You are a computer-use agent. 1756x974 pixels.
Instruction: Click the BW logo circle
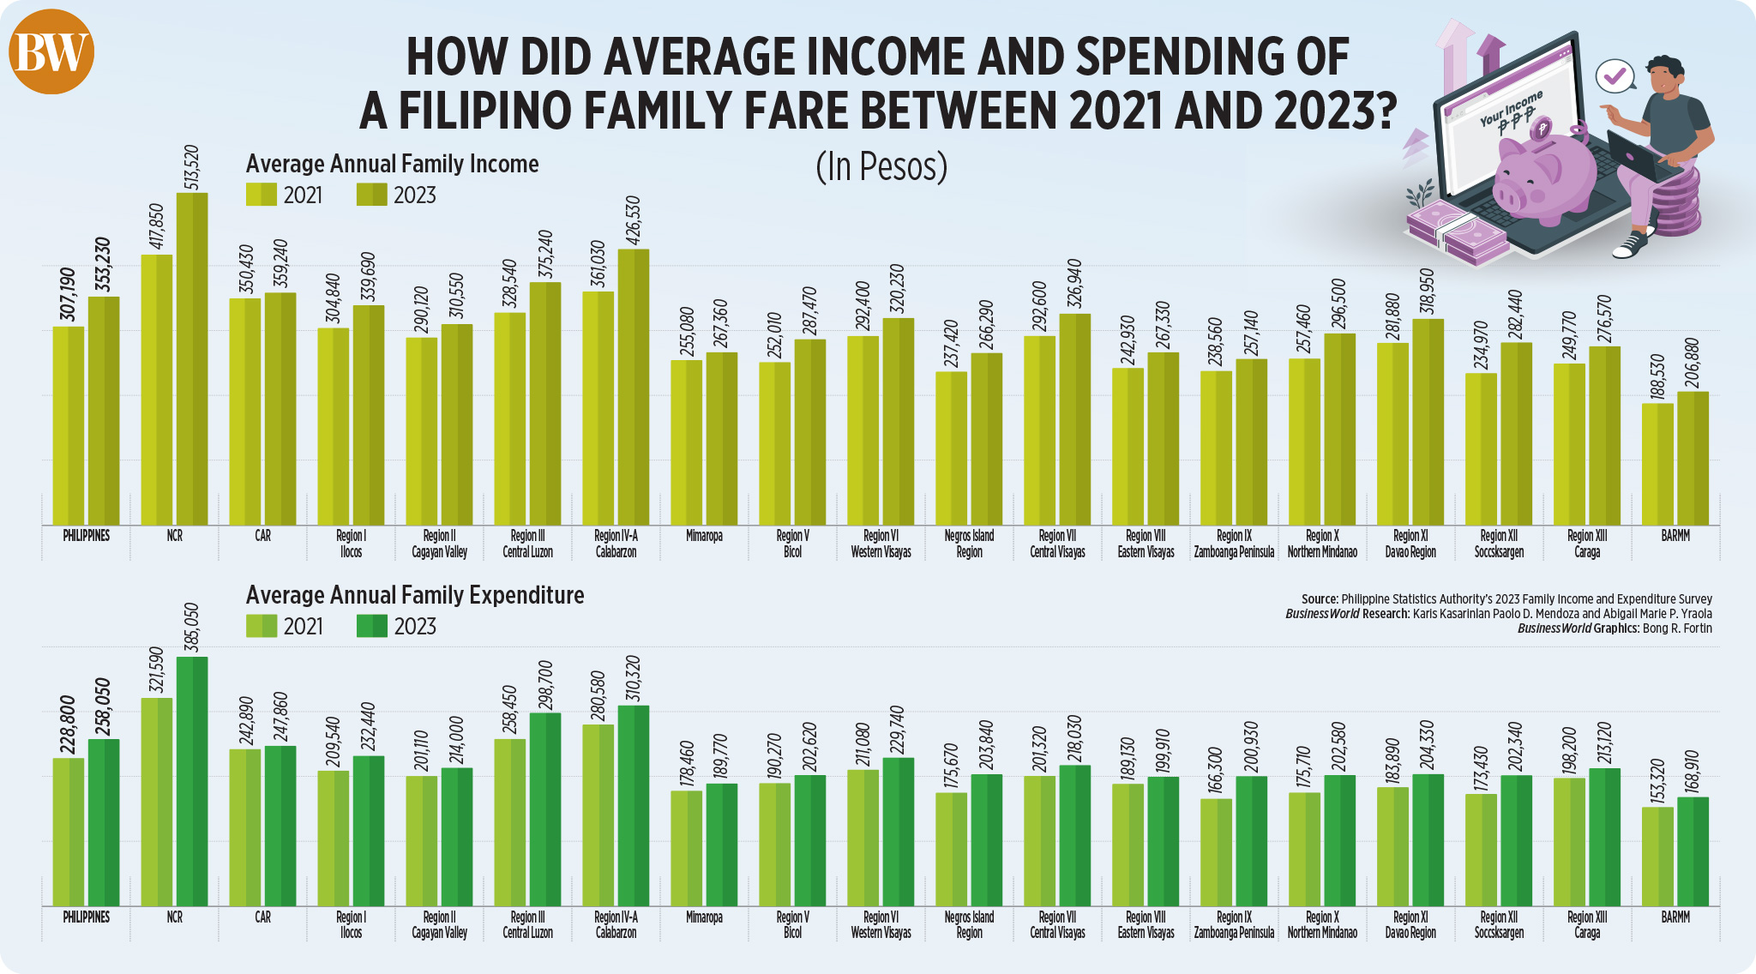click(51, 52)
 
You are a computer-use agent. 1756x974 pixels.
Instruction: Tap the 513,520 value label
click(192, 167)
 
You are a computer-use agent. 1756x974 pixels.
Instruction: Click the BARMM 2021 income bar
click(1657, 464)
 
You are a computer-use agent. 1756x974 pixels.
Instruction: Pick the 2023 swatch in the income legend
click(371, 195)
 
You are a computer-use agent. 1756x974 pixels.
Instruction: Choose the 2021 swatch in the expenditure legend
click(262, 626)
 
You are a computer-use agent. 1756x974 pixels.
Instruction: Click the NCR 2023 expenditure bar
click(192, 781)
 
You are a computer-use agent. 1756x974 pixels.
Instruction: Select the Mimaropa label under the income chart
click(704, 536)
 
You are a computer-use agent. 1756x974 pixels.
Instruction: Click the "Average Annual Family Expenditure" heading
click(415, 595)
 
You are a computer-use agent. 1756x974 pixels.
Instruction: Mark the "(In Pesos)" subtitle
click(881, 166)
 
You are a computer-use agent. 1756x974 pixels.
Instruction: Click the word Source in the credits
click(1319, 599)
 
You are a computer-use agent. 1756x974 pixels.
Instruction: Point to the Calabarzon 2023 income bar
click(634, 387)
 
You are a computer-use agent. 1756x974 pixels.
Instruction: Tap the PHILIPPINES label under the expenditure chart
click(87, 917)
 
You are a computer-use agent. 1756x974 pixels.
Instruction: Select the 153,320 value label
click(1657, 781)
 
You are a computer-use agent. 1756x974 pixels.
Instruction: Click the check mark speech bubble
click(1615, 76)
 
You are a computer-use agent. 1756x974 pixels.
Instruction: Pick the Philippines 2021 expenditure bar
click(69, 832)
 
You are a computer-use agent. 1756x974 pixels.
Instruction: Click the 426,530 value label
click(634, 220)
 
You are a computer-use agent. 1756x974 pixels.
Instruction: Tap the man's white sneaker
click(1630, 246)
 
